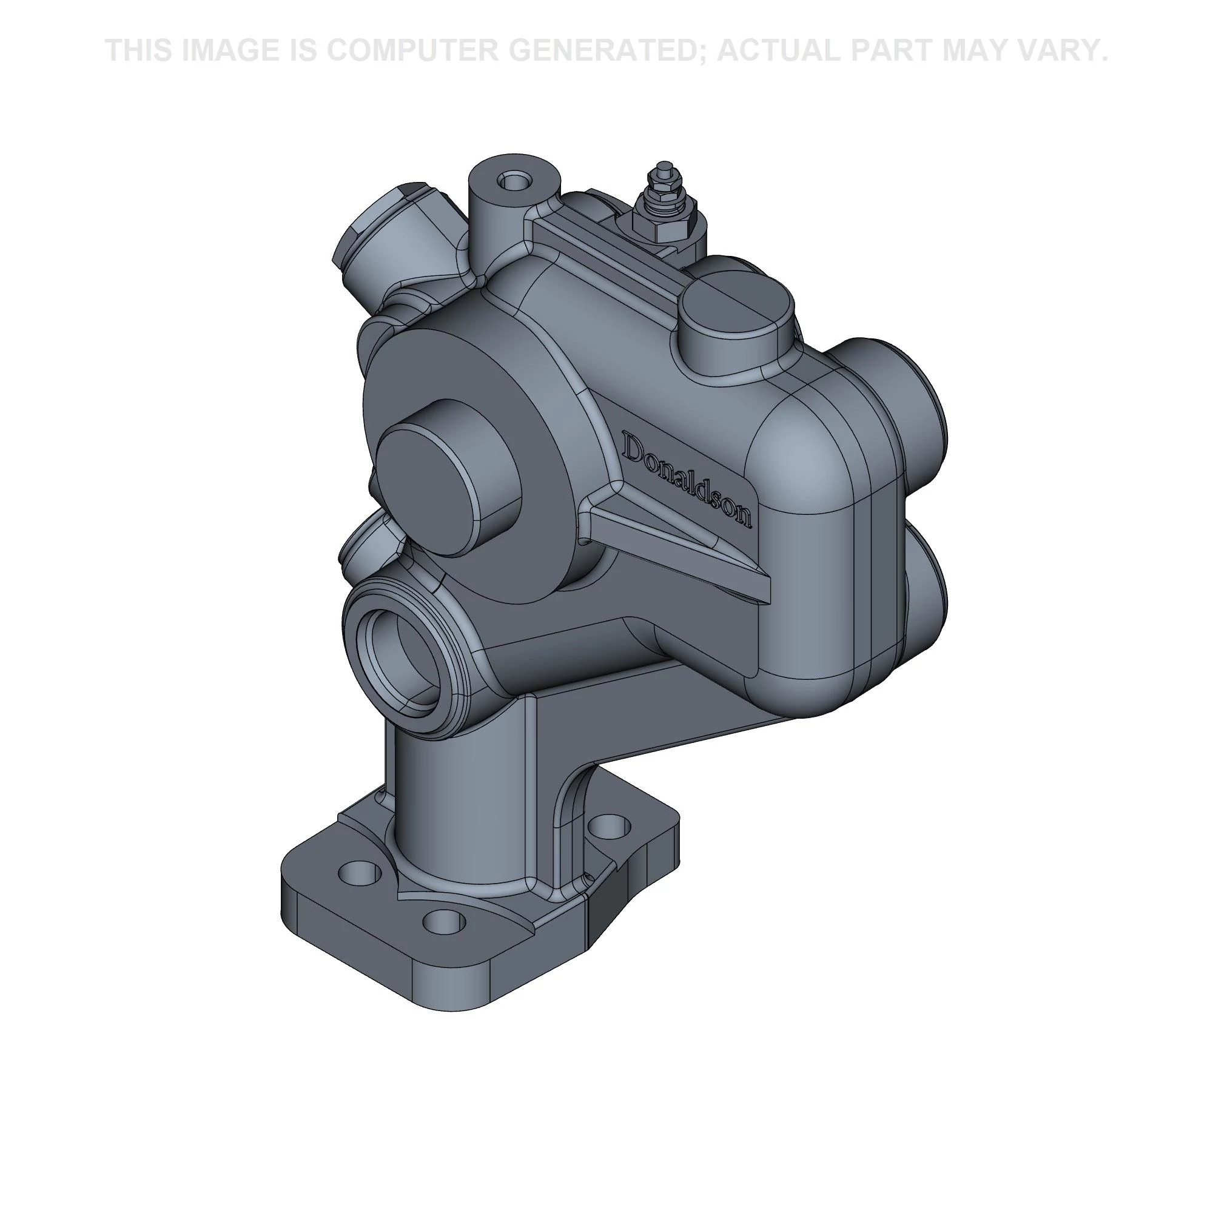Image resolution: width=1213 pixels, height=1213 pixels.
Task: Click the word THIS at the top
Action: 139,50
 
